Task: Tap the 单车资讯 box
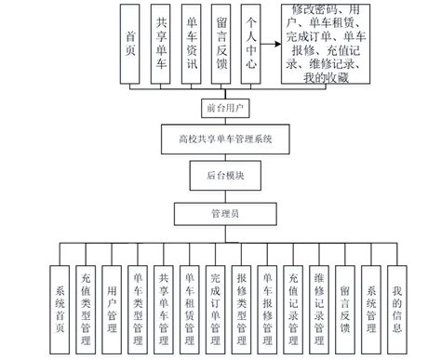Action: pos(191,46)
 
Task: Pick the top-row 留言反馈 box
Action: pos(220,46)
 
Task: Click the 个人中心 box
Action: pos(250,46)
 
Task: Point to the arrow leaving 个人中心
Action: pos(271,44)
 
